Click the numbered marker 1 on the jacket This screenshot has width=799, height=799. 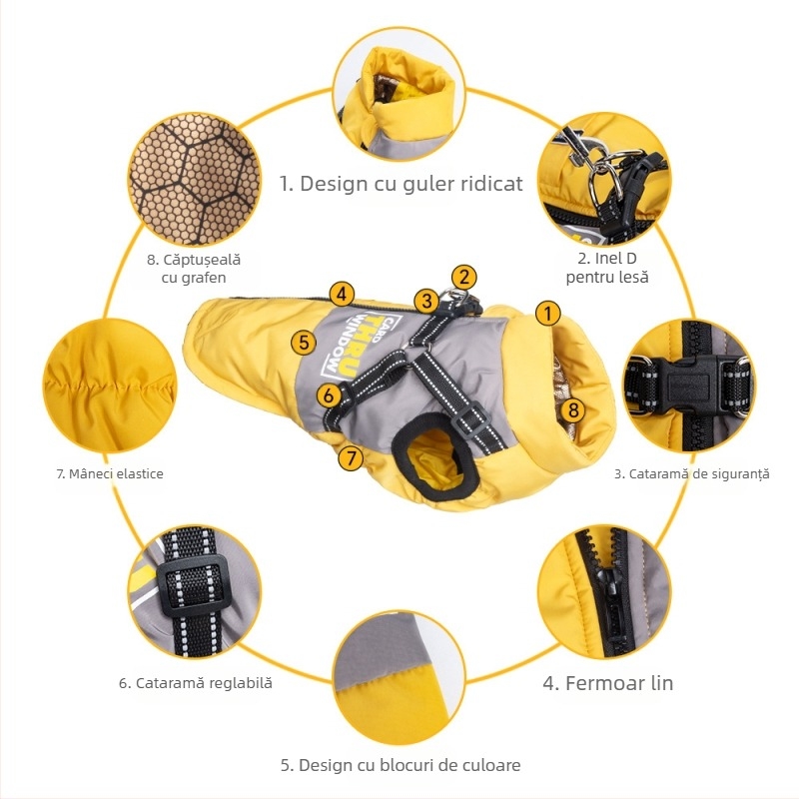(547, 314)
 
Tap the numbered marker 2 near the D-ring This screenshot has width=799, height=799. (463, 278)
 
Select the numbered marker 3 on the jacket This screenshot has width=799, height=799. (426, 301)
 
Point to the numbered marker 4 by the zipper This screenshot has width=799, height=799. (342, 294)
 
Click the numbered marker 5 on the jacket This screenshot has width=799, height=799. (304, 342)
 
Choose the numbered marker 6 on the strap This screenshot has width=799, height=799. (329, 396)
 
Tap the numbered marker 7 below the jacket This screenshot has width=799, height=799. (351, 458)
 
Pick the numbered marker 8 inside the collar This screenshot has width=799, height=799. (573, 409)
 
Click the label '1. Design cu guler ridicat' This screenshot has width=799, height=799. (401, 184)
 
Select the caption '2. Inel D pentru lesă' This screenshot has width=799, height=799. (607, 268)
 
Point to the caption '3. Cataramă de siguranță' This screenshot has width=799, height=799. (691, 473)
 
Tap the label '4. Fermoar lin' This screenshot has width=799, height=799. (607, 683)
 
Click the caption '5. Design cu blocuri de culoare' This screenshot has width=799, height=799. (400, 765)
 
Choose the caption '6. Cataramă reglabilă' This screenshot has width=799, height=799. (196, 683)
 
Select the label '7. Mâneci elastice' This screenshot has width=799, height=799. (110, 473)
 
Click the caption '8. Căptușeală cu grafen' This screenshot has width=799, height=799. (194, 269)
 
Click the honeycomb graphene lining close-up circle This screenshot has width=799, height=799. (194, 180)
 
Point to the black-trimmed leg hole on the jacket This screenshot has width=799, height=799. (435, 454)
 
